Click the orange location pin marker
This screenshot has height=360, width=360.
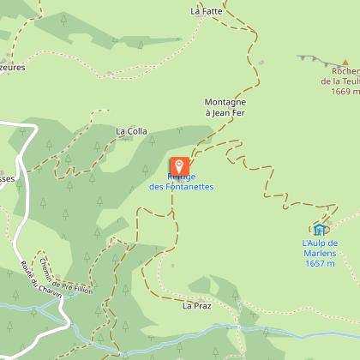[179, 167]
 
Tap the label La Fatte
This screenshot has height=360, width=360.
[207, 12]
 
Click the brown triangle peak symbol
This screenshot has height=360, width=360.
[345, 63]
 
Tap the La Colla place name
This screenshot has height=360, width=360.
[131, 131]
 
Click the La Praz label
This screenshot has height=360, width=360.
[196, 304]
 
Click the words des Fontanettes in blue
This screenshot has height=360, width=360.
[181, 187]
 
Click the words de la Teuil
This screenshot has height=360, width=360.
[340, 82]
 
